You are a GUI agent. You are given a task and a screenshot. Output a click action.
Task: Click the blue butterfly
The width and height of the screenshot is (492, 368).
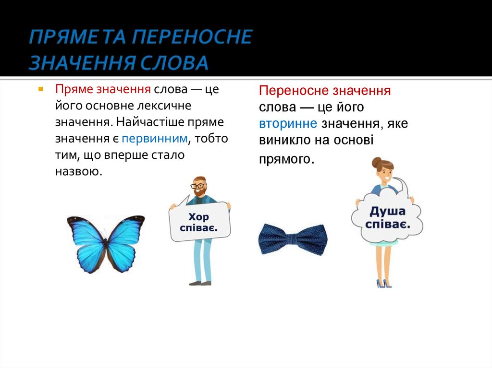coord(106,242)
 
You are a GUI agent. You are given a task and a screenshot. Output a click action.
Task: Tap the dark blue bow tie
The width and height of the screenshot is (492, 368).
coord(292,238)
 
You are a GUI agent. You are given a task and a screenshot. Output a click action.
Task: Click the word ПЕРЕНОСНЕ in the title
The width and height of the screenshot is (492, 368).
coord(192,37)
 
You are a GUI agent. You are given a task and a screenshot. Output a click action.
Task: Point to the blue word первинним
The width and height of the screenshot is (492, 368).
coord(154,139)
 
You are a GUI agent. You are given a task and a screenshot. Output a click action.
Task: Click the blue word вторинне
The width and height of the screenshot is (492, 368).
coord(288,123)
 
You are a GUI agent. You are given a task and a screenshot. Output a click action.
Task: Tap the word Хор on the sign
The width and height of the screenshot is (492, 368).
coord(198,216)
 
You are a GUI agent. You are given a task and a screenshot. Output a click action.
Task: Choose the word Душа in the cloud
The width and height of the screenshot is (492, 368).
coord(387,211)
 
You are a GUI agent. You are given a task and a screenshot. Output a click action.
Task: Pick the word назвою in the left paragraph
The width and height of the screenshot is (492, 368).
coord(79,171)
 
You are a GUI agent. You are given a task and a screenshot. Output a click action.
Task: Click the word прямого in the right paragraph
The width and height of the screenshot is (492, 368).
coord(285,158)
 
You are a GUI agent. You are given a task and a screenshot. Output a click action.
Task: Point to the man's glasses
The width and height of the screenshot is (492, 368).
coord(197,185)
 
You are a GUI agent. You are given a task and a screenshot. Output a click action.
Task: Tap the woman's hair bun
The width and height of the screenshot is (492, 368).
coord(377,162)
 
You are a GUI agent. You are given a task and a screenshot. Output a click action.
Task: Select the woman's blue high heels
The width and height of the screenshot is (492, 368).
coord(383,284)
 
